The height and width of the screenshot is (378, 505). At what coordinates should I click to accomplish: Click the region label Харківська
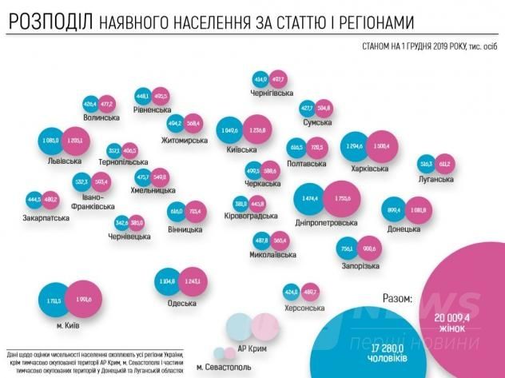(x=370, y=169)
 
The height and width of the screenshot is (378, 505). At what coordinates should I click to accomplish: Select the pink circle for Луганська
(x=445, y=164)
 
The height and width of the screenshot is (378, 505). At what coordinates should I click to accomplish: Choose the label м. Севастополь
(x=223, y=368)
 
